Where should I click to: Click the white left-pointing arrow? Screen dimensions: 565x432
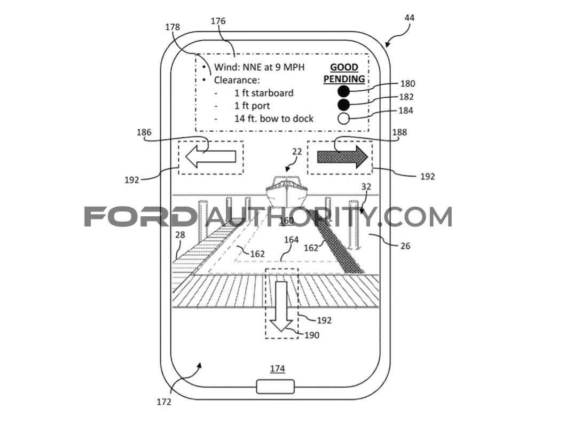(x=210, y=157)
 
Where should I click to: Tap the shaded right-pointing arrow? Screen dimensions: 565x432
(x=342, y=157)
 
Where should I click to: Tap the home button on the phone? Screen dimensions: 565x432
(x=276, y=387)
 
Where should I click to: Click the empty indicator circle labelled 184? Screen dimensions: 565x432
(x=343, y=118)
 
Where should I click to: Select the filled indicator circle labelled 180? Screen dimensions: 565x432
(x=343, y=91)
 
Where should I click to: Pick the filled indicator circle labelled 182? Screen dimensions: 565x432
(x=343, y=105)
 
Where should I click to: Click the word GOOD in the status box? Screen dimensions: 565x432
(x=344, y=67)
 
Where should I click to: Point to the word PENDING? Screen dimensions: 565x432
(x=344, y=79)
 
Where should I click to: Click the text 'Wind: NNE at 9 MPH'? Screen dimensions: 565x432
(x=259, y=67)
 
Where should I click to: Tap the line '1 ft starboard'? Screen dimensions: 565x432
(x=264, y=93)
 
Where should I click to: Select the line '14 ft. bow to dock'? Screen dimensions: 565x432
(x=274, y=119)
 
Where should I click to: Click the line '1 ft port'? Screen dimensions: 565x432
(x=252, y=106)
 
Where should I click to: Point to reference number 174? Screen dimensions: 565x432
(x=278, y=368)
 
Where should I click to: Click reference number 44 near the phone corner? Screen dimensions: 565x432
(x=410, y=18)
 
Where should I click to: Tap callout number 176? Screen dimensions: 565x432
(x=218, y=21)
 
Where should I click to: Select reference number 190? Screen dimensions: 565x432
(x=312, y=335)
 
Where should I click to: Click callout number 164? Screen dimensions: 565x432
(x=291, y=240)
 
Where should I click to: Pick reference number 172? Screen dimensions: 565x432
(x=164, y=402)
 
